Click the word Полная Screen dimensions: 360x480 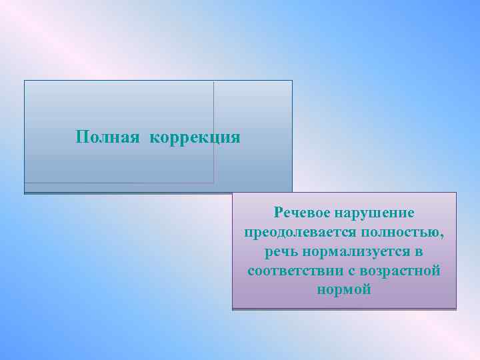pos(107,137)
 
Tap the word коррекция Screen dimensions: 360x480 pos(195,138)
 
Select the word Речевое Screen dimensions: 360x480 pos(299,213)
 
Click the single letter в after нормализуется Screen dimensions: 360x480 pos(419,252)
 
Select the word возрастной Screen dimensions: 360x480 pos(399,271)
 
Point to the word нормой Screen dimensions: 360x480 pos(344,291)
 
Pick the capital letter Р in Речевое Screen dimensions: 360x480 pos(278,213)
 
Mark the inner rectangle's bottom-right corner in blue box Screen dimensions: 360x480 pos(213,182)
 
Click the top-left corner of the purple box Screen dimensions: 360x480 pos(233,193)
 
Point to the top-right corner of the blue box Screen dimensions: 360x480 pos(292,81)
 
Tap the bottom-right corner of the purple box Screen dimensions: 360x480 pos(456,308)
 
